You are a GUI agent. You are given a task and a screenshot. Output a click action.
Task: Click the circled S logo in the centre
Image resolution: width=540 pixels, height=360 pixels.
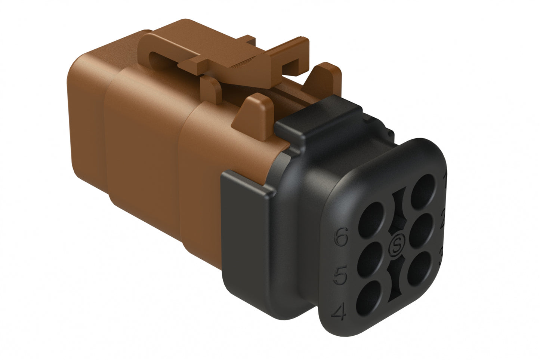pos(396,246)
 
